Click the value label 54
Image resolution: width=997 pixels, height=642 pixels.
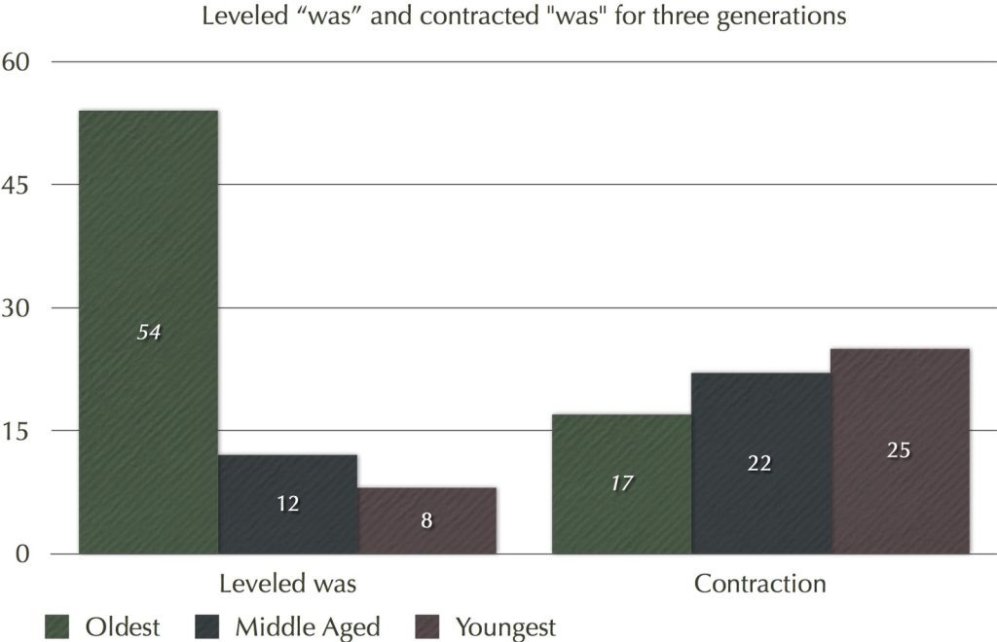[x=148, y=333]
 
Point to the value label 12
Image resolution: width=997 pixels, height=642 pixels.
[x=287, y=504]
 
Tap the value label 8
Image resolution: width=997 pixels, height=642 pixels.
[x=426, y=520]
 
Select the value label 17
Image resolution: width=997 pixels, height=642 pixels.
[x=621, y=483]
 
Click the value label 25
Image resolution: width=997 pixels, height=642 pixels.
[x=900, y=451]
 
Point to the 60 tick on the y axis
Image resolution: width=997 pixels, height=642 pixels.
[x=18, y=62]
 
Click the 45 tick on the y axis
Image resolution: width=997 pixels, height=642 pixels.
[x=18, y=185]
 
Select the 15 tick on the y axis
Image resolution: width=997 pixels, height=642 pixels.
[x=18, y=431]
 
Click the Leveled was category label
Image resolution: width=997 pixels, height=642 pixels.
[x=287, y=584]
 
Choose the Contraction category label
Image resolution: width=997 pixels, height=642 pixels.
[x=760, y=584]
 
